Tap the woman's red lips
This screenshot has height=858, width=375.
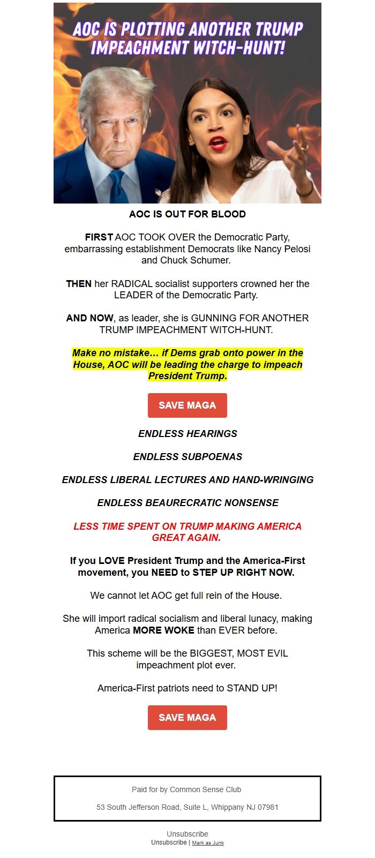tap(218, 142)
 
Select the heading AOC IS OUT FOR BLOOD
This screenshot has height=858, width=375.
tap(187, 214)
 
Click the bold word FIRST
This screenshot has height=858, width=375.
tap(99, 237)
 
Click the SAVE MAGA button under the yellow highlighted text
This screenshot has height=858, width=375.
tap(187, 405)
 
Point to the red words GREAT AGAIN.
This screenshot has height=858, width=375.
tap(186, 537)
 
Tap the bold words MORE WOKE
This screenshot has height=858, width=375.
tap(163, 630)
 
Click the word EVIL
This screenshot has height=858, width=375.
tap(276, 653)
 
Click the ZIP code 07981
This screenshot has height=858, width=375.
tap(267, 807)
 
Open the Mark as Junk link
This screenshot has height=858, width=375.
tap(208, 843)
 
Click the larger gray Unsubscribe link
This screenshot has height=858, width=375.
tap(187, 834)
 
